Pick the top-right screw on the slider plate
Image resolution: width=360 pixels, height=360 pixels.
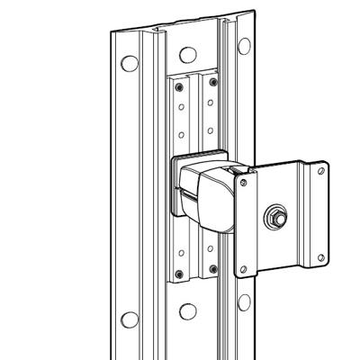point(212,82)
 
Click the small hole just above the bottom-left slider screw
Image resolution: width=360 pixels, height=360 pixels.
point(180,254)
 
